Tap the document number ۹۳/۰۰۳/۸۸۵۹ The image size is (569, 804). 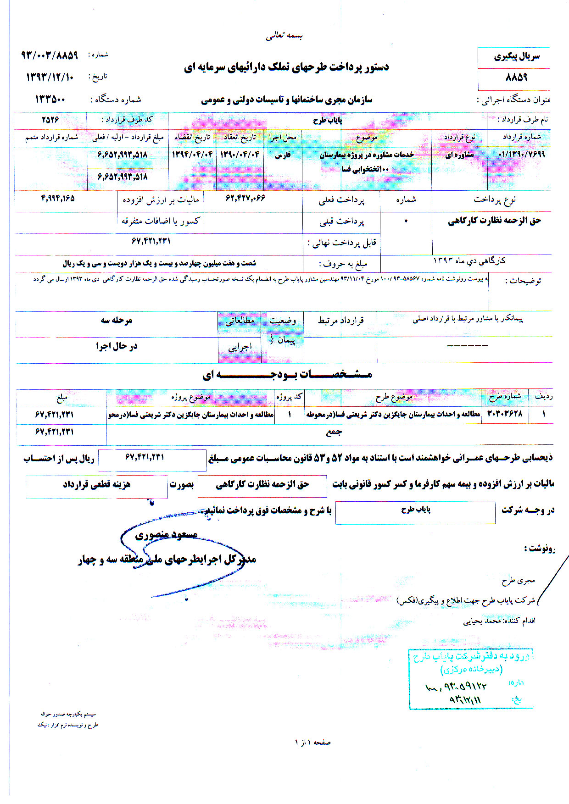[50, 55]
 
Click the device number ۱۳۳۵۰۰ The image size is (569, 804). [50, 99]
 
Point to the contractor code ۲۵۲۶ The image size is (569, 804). [50, 120]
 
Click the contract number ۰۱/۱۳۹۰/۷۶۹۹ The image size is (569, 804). [521, 155]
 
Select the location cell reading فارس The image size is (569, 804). [282, 155]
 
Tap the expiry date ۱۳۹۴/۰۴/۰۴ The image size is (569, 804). [192, 155]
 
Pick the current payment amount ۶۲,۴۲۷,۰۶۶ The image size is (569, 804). [245, 198]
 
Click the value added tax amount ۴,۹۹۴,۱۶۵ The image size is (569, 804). [58, 198]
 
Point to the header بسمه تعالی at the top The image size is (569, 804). [284, 36]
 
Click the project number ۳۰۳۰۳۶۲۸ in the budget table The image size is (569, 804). [504, 414]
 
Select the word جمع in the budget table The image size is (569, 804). [334, 432]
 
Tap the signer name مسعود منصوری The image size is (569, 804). [166, 534]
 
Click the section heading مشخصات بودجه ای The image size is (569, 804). [287, 374]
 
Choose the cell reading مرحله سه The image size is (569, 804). [117, 320]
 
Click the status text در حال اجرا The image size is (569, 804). [117, 346]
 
